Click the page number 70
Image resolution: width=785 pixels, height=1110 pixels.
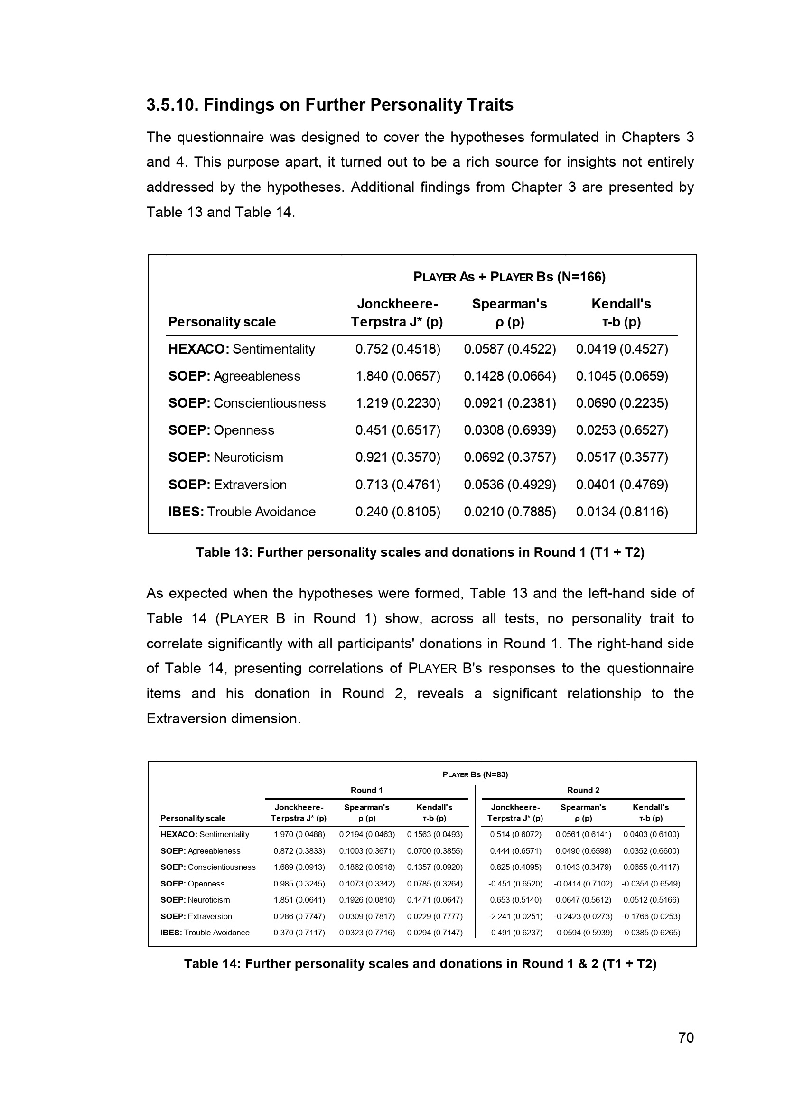click(x=686, y=1037)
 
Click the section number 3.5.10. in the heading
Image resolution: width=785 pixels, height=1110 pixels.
click(x=172, y=105)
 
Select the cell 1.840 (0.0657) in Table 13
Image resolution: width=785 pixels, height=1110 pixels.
click(x=398, y=376)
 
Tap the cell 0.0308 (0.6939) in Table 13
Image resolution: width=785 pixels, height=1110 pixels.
click(x=510, y=430)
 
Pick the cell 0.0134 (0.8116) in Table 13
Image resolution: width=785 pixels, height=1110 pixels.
click(x=622, y=512)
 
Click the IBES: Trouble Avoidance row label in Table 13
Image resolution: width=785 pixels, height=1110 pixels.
click(x=242, y=512)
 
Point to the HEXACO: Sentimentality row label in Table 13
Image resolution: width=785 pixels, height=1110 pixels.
click(x=242, y=349)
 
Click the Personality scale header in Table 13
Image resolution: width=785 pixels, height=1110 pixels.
click(x=222, y=322)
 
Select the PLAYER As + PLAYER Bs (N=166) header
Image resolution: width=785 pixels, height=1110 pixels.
click(x=509, y=277)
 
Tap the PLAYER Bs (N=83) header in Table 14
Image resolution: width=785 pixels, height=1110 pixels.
click(x=475, y=774)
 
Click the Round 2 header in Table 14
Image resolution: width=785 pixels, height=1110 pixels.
click(x=583, y=790)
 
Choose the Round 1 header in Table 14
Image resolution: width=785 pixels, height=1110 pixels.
click(x=366, y=790)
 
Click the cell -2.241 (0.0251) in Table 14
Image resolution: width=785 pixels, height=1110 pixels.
click(x=515, y=916)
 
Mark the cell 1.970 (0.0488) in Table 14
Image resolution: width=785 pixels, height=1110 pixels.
click(x=299, y=834)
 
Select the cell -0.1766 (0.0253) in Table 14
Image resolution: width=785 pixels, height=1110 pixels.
click(x=651, y=916)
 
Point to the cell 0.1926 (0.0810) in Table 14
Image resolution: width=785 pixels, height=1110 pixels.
click(x=367, y=900)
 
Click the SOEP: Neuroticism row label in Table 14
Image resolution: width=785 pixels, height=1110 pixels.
click(x=195, y=900)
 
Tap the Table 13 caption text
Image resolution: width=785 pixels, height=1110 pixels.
click(x=420, y=552)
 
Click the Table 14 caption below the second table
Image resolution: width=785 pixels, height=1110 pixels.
click(x=420, y=963)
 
